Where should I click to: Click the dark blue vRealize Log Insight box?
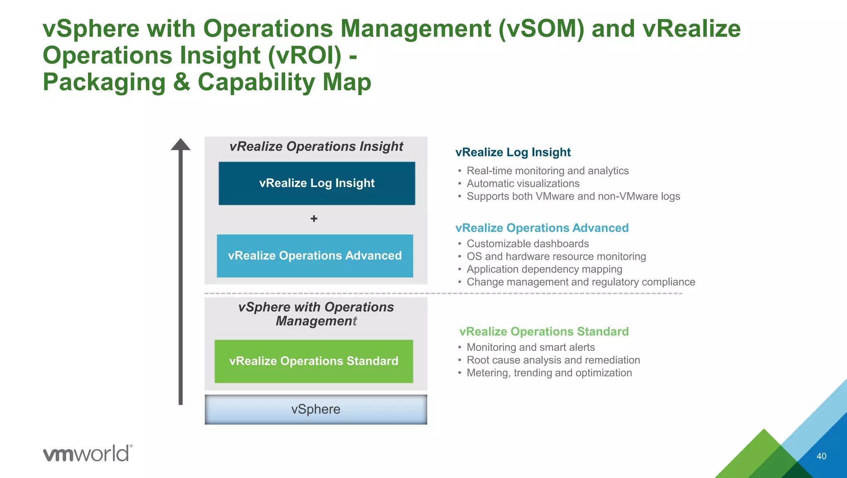point(317,183)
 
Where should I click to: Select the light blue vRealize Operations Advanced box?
point(315,256)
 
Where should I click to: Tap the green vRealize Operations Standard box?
point(313,361)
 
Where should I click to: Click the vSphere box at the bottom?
point(316,409)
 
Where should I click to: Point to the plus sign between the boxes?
point(314,219)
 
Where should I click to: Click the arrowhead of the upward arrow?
point(181,144)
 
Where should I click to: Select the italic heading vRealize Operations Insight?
point(316,147)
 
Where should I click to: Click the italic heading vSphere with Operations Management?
point(316,314)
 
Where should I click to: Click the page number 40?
point(821,456)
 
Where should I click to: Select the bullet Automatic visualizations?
point(523,183)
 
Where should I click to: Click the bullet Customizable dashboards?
point(527,244)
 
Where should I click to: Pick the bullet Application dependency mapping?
point(544,269)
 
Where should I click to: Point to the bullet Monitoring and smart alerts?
point(531,347)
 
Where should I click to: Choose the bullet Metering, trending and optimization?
point(549,373)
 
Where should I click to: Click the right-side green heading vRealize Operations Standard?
point(544,331)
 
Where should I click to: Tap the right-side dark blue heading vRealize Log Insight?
point(513,152)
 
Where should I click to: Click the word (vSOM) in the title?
point(541,29)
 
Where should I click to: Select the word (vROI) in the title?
point(305,55)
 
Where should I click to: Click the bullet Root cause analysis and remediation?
point(553,360)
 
